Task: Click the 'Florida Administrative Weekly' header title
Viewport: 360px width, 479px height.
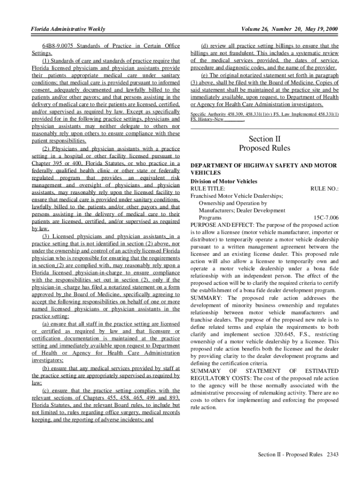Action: [68, 30]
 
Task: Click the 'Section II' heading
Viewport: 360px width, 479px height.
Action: [265, 139]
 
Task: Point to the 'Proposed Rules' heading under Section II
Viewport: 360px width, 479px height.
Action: [265, 149]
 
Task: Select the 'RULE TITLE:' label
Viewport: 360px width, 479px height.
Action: [208, 189]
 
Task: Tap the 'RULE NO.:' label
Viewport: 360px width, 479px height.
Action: [324, 189]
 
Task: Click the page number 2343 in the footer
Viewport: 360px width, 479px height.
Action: [332, 454]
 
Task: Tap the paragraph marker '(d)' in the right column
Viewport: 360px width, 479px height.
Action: [204, 46]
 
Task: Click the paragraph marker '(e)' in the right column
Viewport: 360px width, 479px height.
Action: [204, 75]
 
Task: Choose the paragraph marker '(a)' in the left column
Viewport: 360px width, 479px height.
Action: [47, 324]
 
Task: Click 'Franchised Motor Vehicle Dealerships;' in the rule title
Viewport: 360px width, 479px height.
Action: [237, 196]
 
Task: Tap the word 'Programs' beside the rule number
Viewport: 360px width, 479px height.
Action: [210, 218]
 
